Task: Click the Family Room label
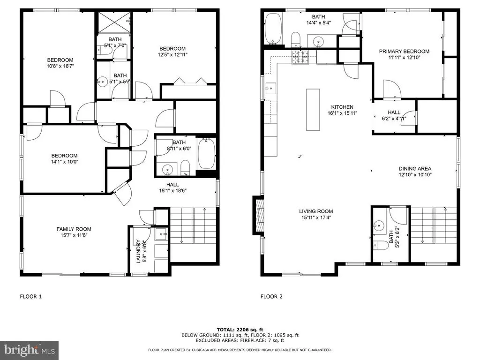tap(74, 229)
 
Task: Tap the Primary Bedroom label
tap(404, 52)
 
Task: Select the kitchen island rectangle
tap(313, 110)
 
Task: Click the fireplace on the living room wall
tap(259, 216)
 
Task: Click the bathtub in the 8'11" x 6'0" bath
tap(207, 153)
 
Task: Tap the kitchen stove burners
tap(300, 57)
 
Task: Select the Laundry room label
tap(138, 251)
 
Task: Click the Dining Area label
tap(415, 169)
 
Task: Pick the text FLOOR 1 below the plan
tap(30, 296)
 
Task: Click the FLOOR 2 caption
tap(271, 296)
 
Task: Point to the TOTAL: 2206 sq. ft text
tap(240, 330)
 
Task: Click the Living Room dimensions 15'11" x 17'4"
tap(316, 217)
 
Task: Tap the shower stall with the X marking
tap(114, 22)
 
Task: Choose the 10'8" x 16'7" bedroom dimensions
tap(60, 66)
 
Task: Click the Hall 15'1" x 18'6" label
tap(172, 187)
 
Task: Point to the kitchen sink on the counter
tap(270, 88)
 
